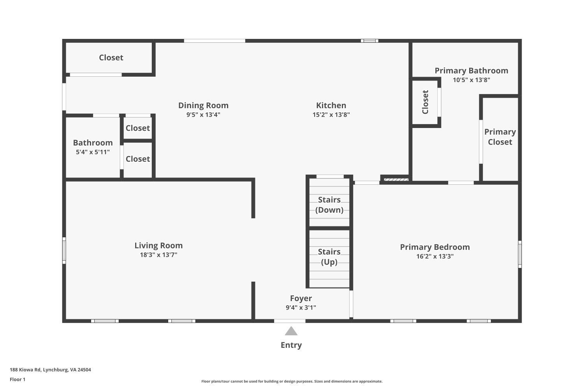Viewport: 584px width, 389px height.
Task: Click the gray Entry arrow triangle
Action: [x=291, y=331]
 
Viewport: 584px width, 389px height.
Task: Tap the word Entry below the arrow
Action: [x=291, y=345]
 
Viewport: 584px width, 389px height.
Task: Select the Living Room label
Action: [x=158, y=245]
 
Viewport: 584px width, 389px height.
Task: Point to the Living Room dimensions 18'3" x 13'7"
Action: [x=158, y=255]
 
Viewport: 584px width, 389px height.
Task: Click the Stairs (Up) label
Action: [x=329, y=257]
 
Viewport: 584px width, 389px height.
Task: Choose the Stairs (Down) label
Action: [x=329, y=205]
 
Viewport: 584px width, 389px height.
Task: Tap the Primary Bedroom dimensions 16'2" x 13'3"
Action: [x=435, y=256]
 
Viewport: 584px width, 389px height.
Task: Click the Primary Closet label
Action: [x=500, y=137]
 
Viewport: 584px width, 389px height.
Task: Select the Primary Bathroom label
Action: [x=471, y=70]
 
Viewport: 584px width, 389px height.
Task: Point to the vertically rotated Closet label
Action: [x=425, y=102]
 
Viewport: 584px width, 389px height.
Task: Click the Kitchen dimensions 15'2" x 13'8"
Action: [x=331, y=115]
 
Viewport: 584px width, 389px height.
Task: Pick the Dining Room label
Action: [x=203, y=105]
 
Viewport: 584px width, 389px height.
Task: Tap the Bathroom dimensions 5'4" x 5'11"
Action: [x=93, y=152]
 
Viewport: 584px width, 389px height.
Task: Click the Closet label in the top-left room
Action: [x=111, y=58]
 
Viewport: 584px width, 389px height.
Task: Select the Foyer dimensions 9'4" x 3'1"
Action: [x=301, y=308]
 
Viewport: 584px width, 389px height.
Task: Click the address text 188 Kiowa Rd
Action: [x=50, y=370]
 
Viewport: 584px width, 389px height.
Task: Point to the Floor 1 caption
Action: [x=18, y=379]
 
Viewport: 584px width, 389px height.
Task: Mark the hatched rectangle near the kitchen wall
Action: [x=396, y=180]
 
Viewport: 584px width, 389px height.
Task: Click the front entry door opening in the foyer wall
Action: [x=290, y=321]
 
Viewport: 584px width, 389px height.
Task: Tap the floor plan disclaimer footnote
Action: [x=292, y=381]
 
